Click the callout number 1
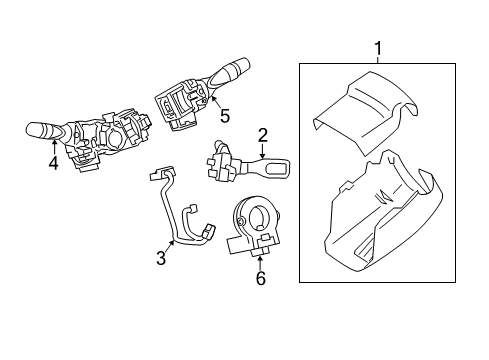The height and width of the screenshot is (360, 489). pos(378,49)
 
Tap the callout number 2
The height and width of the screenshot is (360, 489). pos(262,135)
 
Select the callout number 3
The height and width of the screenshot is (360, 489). pos(161,258)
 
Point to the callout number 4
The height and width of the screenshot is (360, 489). pos(53,163)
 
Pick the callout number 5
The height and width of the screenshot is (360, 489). pos(225,116)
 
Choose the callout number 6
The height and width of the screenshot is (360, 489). pos(261,278)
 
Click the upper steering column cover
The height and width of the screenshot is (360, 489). pos(366,112)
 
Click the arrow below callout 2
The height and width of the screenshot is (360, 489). pos(262,151)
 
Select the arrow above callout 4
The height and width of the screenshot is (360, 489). pos(54,147)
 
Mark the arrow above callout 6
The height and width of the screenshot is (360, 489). pos(260,262)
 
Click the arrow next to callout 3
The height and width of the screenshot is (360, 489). pos(170,246)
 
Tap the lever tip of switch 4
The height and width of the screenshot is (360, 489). pos(33,129)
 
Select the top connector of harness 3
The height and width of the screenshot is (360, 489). pos(161,173)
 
